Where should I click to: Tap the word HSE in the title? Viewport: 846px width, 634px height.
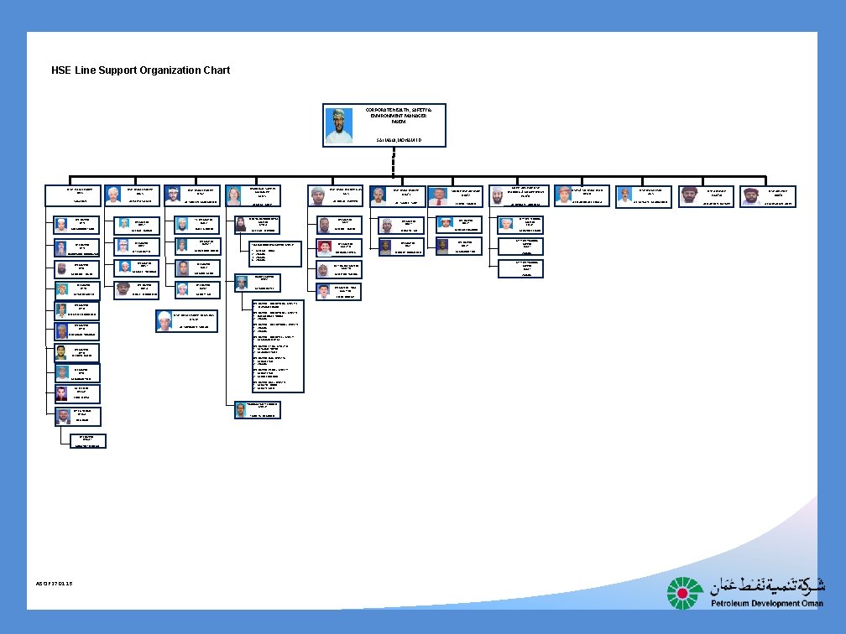62,70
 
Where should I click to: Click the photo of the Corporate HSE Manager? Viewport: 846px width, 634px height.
339,125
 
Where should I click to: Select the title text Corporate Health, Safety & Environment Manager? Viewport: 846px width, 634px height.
399,116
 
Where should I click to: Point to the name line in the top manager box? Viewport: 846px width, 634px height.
399,139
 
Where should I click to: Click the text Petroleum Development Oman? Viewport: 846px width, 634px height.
767,604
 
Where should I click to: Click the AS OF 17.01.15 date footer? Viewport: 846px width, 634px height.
55,583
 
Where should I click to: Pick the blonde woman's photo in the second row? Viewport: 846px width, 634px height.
234,195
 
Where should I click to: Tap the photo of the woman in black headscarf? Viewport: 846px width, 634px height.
241,224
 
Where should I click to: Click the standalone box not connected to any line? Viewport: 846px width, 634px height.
186,321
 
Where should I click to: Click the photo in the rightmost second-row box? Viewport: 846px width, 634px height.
750,196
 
